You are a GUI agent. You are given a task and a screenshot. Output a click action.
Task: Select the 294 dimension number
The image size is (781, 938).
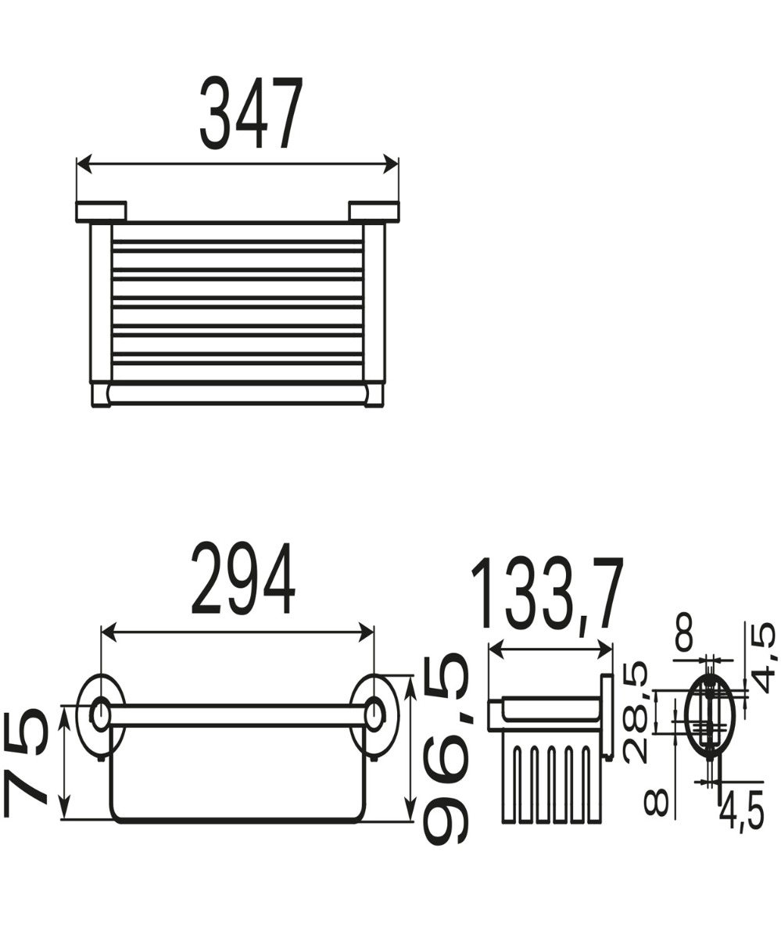pyautogui.click(x=243, y=579)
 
